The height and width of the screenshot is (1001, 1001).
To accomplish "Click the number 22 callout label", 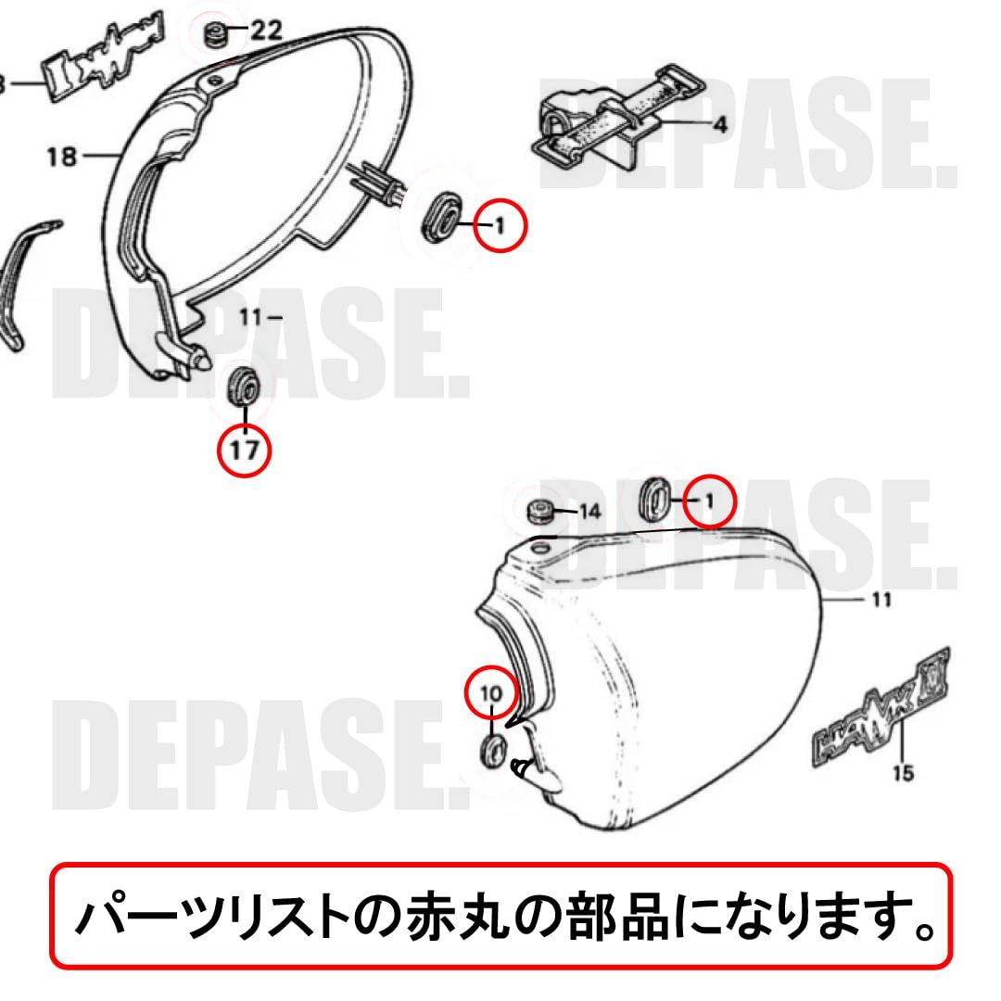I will pos(265,31).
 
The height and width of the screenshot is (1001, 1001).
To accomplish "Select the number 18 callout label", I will pos(61,157).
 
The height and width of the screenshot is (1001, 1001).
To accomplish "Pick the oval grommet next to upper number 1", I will pos(440,216).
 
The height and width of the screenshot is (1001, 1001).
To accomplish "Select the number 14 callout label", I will pos(590,512).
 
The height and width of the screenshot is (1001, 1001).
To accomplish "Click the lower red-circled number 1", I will pos(709,501).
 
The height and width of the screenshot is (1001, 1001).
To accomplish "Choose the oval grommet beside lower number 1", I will pos(655,499).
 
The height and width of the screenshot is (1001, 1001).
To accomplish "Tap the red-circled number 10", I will pos(490,691).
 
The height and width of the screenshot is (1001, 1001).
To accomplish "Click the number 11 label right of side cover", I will pos(881,601).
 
